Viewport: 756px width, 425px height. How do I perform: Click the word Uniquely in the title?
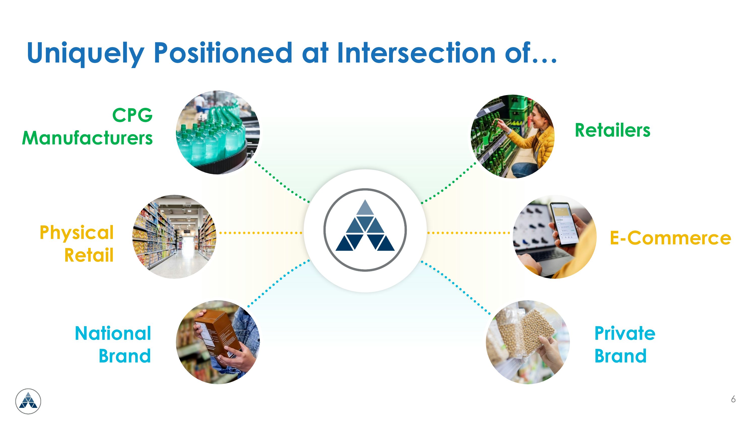[85, 53]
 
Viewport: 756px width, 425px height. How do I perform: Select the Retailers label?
[612, 130]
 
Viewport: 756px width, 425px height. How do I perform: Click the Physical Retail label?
[77, 244]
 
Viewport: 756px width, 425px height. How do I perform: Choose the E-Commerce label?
[670, 238]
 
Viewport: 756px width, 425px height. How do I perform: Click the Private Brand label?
[624, 345]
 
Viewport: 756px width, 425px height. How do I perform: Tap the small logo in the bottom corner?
[28, 401]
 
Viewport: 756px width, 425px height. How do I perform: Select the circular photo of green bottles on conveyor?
[217, 132]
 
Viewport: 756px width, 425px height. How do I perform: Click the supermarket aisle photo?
[174, 236]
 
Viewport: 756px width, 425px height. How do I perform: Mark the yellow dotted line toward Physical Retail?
[261, 233]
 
